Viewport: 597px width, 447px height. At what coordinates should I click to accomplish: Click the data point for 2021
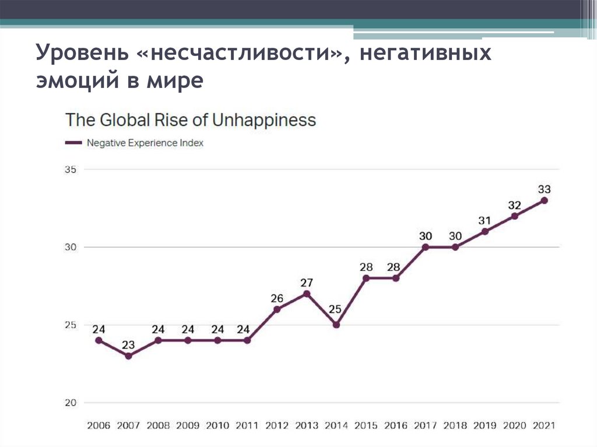coord(544,200)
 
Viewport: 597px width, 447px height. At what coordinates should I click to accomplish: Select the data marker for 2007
coord(128,356)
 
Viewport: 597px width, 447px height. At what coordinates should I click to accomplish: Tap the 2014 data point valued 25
coord(336,325)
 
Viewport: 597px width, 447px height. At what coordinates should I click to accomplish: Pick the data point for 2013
coord(307,293)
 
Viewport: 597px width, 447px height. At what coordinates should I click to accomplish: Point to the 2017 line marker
coord(425,247)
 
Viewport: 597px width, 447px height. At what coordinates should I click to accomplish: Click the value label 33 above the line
coord(544,189)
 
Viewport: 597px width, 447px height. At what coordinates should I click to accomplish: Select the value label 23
coord(128,344)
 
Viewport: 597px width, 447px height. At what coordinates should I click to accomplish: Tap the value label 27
coord(307,283)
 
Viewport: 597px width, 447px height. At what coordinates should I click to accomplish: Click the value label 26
coord(277,298)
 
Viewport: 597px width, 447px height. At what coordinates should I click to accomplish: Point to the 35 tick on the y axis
coord(71,170)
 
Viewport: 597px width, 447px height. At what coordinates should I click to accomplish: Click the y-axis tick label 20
coord(71,403)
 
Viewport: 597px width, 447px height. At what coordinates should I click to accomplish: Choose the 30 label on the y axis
coord(71,247)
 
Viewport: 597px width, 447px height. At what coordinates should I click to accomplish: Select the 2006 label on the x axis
coord(99,425)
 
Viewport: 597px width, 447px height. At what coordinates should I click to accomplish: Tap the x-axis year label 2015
coord(366,425)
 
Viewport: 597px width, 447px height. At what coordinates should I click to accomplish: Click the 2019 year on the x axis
coord(484,425)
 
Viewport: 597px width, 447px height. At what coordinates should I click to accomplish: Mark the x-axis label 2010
coord(217,425)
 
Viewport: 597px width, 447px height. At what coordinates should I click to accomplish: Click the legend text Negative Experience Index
coord(145,142)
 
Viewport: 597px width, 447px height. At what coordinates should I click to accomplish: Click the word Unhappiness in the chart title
coord(264,120)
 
